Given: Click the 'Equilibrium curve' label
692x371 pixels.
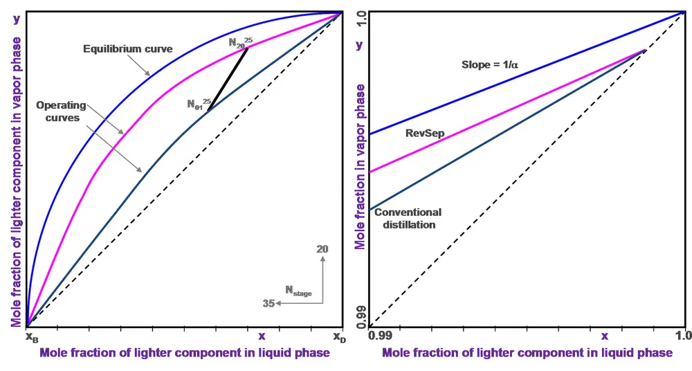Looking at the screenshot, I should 127,49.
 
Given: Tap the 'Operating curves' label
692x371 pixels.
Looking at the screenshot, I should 61,111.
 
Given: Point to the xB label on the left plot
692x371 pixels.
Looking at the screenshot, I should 33,337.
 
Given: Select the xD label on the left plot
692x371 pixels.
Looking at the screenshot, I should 339,337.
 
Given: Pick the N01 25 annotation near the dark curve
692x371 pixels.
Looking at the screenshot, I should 199,105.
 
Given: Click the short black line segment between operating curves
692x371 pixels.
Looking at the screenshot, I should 228,79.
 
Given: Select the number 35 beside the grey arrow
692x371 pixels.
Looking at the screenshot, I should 269,303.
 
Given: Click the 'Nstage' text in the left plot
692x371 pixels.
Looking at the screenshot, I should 298,291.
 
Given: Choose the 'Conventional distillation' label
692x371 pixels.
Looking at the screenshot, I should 408,218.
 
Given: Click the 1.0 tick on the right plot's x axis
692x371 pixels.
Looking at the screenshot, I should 684,336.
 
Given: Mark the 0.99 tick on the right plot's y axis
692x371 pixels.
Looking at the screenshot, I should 360,315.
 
